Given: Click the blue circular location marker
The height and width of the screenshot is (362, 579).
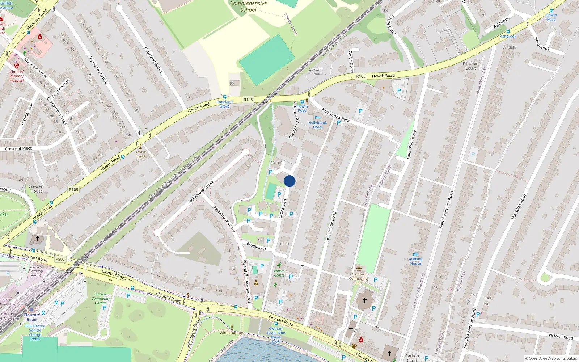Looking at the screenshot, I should (289, 181).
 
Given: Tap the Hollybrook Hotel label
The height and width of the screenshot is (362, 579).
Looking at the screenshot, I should (317, 125).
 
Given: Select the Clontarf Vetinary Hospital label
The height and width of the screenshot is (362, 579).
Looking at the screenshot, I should (17, 76).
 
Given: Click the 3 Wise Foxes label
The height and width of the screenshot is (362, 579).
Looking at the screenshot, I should (140, 154).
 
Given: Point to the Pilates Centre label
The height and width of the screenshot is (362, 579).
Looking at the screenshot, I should (279, 273).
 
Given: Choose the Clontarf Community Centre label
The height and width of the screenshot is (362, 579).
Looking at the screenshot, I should (359, 278).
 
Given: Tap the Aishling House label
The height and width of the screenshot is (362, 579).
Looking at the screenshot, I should (415, 261).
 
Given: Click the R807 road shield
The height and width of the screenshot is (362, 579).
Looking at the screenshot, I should (60, 259).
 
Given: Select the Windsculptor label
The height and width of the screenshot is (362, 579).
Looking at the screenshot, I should (232, 332).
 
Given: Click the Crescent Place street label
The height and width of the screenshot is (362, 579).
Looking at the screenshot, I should (18, 148).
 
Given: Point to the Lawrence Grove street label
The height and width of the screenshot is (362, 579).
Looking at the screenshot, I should (411, 144).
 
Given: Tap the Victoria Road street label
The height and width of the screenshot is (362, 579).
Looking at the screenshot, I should (561, 336).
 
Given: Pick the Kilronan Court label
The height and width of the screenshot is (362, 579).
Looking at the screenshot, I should (470, 66).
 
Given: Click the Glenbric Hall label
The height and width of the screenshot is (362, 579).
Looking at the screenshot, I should (316, 72).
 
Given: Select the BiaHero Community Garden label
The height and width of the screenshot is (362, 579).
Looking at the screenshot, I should (101, 299).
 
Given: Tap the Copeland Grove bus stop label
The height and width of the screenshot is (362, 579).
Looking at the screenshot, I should (224, 104).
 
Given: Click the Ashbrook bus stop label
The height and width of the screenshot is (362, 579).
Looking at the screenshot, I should (508, 36).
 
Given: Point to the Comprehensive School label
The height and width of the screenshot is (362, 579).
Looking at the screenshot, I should (248, 7).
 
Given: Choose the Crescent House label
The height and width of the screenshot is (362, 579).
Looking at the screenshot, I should (37, 189).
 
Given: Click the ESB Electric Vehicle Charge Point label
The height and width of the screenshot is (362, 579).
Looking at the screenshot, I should (35, 332).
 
